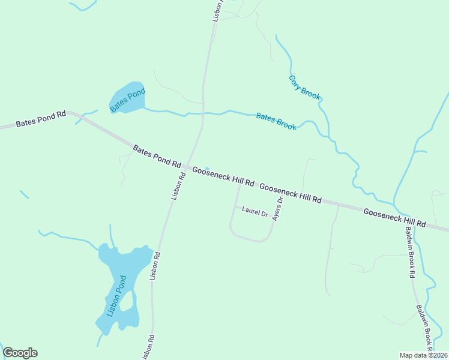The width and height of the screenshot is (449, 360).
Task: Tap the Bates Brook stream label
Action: [276, 121]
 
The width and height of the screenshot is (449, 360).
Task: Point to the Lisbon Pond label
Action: [116, 296]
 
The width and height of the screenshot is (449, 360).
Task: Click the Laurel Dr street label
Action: [254, 212]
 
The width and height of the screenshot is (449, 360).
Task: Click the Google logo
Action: [20, 353]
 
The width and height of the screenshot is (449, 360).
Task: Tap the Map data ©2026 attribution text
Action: [423, 355]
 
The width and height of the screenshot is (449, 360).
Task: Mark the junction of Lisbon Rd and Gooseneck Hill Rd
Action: [186, 168]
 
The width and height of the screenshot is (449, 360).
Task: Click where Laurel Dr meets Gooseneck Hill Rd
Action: [240, 184]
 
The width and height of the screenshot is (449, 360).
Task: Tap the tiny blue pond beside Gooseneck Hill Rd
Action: [207, 169]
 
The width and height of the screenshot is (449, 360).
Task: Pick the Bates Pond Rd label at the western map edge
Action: [41, 119]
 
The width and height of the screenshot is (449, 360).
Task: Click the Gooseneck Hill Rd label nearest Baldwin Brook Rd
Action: [394, 217]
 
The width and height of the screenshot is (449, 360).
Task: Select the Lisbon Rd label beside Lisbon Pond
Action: [155, 266]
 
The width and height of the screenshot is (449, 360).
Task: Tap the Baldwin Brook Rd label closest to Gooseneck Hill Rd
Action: [409, 253]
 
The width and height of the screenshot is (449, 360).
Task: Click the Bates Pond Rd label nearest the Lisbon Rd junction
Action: [157, 156]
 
